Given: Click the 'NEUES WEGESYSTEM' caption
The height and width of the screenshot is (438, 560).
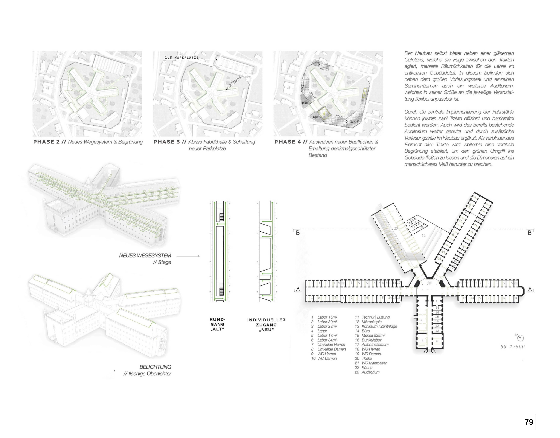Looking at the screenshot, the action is coord(145,256).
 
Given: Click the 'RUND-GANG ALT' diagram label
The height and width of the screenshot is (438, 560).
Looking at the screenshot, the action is coord(217,324).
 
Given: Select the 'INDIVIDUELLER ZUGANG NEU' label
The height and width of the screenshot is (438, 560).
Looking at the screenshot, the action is coord(266,325).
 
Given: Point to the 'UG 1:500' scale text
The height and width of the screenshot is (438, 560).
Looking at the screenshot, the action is coord(512,347).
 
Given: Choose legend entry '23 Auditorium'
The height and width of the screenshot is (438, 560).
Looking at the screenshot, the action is coord(367,372).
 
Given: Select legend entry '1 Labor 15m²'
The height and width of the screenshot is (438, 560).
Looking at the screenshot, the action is coord(324,317).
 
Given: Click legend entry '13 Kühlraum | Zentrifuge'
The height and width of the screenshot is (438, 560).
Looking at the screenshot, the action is coord(376,326).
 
